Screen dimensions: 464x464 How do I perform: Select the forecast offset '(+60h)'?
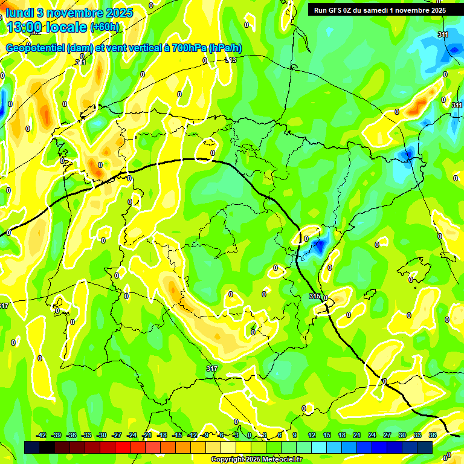(x=105, y=27)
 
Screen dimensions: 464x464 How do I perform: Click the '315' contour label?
(x=314, y=296)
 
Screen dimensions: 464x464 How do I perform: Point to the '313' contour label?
(x=231, y=60)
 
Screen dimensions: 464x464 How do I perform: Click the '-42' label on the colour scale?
(x=41, y=435)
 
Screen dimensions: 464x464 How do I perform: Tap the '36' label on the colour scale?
(x=432, y=435)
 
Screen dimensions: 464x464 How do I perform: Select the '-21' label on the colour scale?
(x=146, y=435)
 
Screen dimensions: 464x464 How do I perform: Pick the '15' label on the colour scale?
(x=327, y=435)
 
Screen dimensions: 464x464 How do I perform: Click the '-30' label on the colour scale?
(x=101, y=435)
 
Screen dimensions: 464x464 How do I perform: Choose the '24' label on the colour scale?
(x=372, y=435)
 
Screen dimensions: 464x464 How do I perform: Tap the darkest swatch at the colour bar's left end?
(x=32, y=447)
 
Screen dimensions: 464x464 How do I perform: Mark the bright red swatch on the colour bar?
(x=123, y=447)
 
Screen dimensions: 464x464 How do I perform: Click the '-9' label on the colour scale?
(x=206, y=435)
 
